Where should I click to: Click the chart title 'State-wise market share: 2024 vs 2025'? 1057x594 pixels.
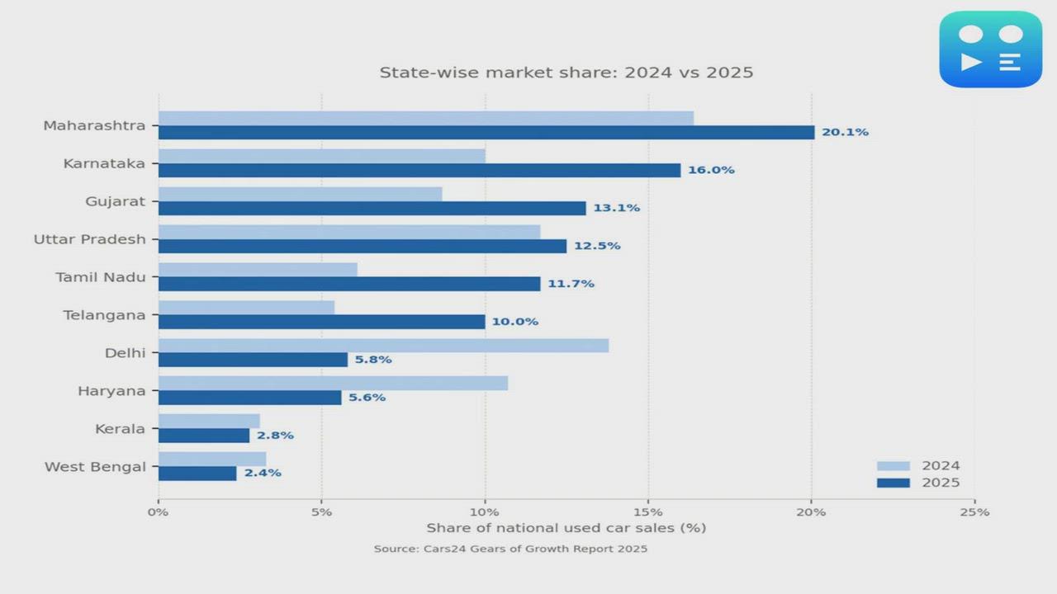coord(566,73)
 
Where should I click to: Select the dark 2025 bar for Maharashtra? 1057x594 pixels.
coord(486,133)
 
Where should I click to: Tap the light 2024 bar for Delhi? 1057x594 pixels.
coord(383,346)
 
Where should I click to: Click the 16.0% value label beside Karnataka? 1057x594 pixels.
coord(711,170)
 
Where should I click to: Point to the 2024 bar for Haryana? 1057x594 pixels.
coord(333,384)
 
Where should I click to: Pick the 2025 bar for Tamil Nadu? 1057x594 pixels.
coord(349,284)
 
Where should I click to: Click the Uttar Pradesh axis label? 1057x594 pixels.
coord(89,239)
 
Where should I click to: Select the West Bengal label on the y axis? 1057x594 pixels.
coord(95,467)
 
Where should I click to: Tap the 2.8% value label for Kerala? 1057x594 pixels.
coord(275,436)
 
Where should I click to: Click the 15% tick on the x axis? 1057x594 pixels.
coord(648,511)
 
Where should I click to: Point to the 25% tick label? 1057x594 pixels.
coord(974,511)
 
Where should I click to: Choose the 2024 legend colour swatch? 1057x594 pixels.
coord(893,466)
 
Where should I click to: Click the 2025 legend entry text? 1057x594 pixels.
coord(941,483)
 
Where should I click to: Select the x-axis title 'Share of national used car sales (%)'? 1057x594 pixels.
coord(566,528)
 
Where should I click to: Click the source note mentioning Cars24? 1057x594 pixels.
coord(510,549)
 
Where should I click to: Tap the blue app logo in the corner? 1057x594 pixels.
coord(990,49)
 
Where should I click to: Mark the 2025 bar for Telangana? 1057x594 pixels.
coord(321,322)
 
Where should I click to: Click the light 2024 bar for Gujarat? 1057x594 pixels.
coord(300,194)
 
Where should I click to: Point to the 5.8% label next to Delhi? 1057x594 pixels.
coord(373,360)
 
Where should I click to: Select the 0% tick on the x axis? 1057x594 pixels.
coord(158,511)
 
